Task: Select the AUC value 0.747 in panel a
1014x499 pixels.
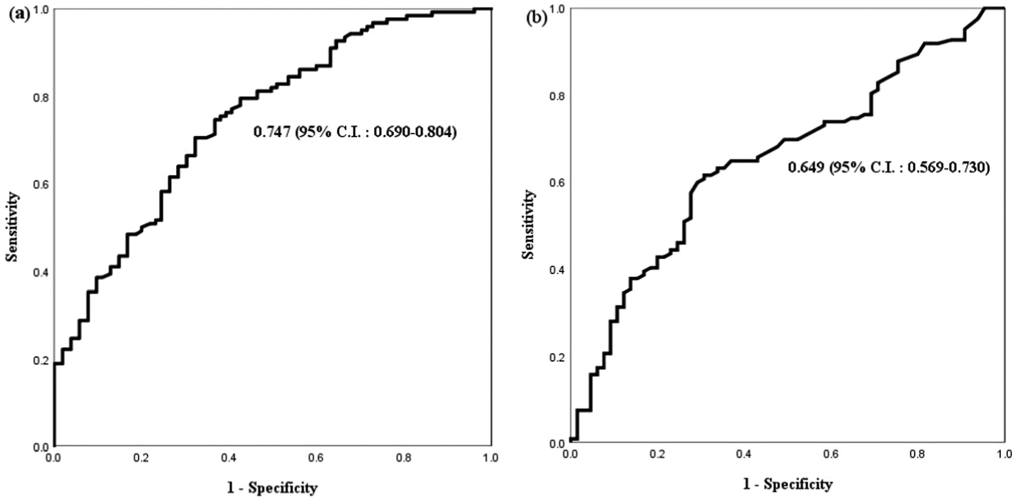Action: pos(272,132)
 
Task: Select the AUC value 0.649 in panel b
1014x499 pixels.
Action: pos(806,167)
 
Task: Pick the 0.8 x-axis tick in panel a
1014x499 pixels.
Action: pos(404,458)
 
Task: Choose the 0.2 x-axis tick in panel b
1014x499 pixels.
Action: pos(657,454)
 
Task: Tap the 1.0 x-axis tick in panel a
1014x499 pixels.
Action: pos(490,458)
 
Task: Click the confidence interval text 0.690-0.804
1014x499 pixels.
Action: pos(414,132)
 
